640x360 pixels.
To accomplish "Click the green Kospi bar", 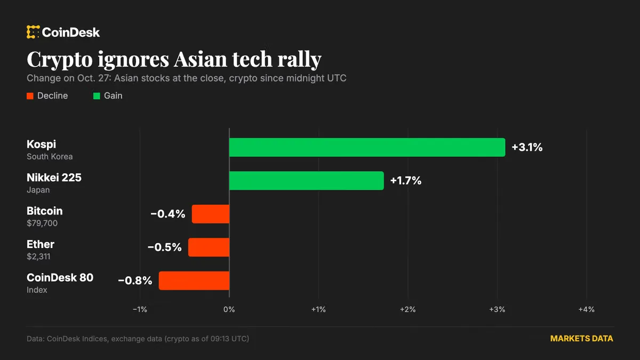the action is click(x=367, y=147).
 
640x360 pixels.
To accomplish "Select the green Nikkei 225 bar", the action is click(x=307, y=181).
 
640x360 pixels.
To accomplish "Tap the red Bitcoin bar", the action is click(x=211, y=214).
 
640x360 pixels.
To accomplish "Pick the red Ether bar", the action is click(x=209, y=247).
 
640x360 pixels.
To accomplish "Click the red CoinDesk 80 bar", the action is click(x=194, y=281).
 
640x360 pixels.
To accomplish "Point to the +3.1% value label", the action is click(x=527, y=147).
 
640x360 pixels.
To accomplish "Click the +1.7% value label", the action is click(x=406, y=181).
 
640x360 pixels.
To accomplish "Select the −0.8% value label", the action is click(x=135, y=281).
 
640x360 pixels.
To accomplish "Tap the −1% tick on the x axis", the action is click(x=140, y=309).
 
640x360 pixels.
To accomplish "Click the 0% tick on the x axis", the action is click(x=229, y=309).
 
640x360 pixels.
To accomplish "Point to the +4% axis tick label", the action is click(x=586, y=309).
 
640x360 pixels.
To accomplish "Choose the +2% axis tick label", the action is click(x=407, y=309).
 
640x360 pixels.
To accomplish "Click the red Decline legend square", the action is click(x=30, y=96).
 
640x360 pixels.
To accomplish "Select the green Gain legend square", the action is click(x=97, y=96).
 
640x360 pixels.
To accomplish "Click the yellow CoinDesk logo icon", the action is click(x=33, y=32).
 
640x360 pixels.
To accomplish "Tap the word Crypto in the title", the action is click(x=60, y=60).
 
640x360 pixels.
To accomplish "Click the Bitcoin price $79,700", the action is click(x=42, y=223).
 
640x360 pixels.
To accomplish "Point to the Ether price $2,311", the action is click(x=38, y=257).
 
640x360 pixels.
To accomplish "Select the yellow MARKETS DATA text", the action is click(x=582, y=339).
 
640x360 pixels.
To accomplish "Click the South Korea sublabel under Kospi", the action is click(x=50, y=157).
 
